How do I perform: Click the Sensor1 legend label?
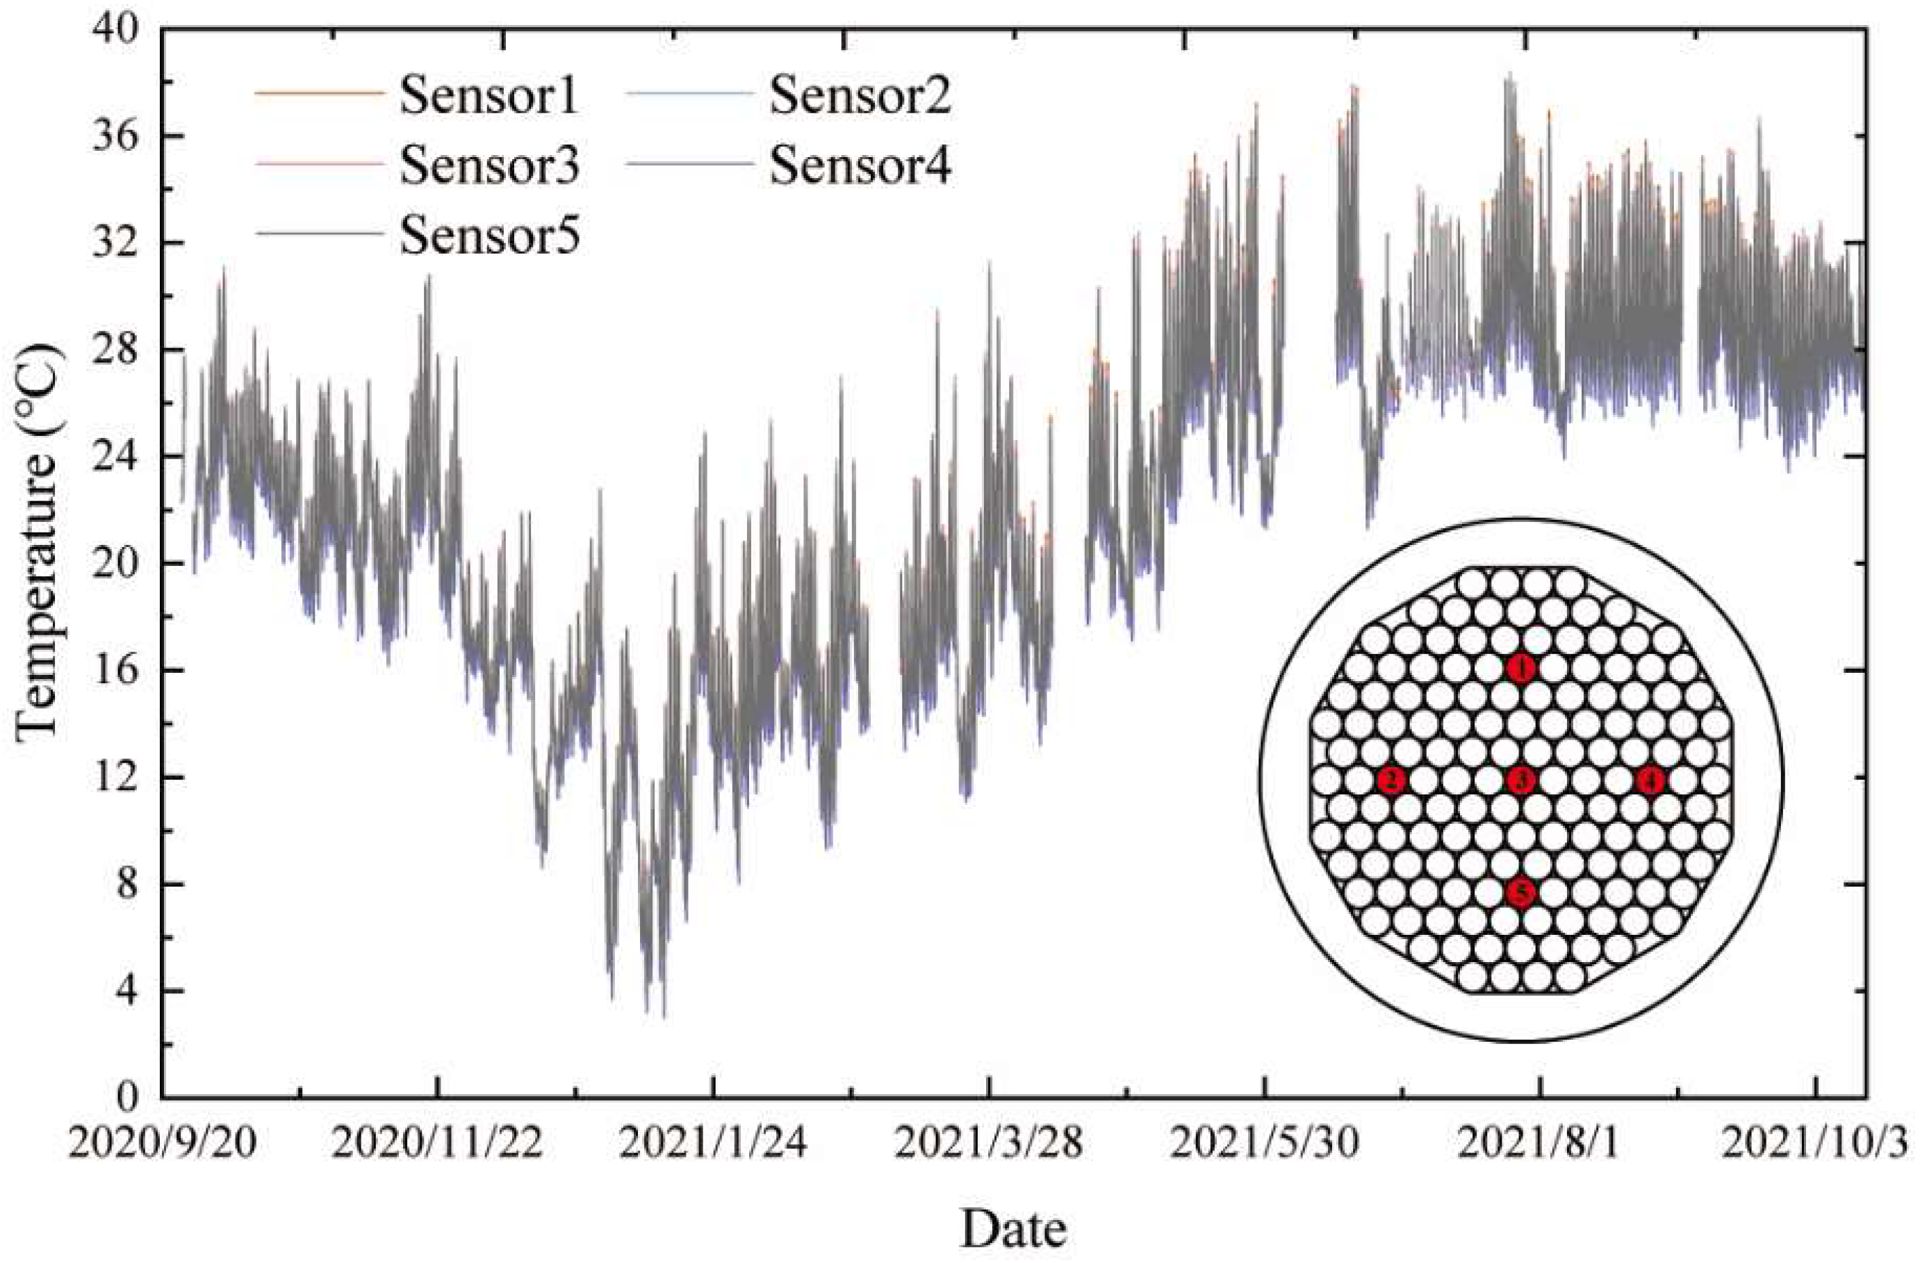pyautogui.click(x=490, y=95)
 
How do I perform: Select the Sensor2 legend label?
pyautogui.click(x=860, y=95)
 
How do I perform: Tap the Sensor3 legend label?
pyautogui.click(x=490, y=166)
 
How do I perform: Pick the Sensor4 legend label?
pyautogui.click(x=860, y=166)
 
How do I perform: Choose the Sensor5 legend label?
pyautogui.click(x=490, y=236)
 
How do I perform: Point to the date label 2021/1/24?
pyautogui.click(x=713, y=1143)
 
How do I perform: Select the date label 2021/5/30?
pyautogui.click(x=1264, y=1143)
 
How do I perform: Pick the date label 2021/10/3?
pyautogui.click(x=1815, y=1143)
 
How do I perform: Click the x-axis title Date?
pyautogui.click(x=1013, y=1229)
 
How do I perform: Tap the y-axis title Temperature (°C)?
pyautogui.click(x=39, y=541)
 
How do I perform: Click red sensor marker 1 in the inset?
pyautogui.click(x=1520, y=668)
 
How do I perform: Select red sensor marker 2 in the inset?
pyautogui.click(x=1392, y=781)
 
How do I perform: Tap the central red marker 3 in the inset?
pyautogui.click(x=1520, y=781)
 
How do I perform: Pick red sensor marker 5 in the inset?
pyautogui.click(x=1520, y=893)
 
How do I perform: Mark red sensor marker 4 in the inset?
pyautogui.click(x=1650, y=781)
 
